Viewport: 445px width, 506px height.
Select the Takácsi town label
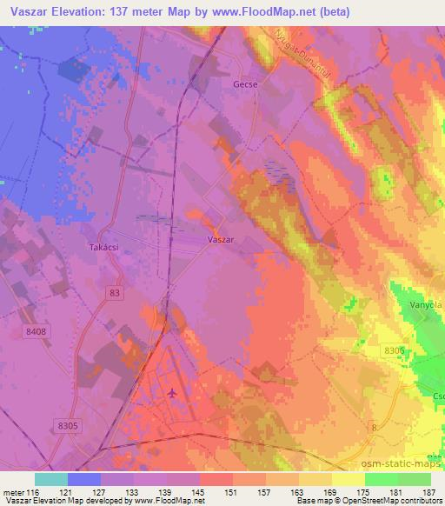pos(103,248)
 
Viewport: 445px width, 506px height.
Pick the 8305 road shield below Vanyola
pos(395,349)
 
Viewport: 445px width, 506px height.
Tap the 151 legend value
pos(232,492)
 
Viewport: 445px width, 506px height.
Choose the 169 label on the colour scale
pos(331,492)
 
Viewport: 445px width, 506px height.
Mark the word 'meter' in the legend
pos(12,492)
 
